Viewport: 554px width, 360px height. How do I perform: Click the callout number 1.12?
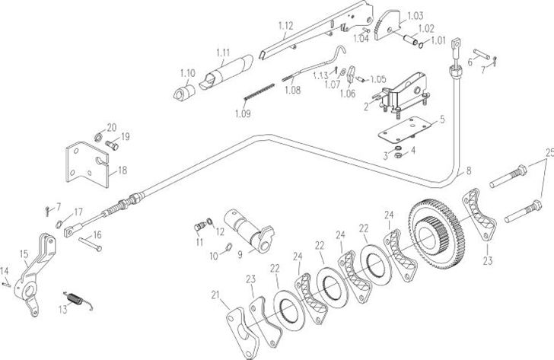pos(285,25)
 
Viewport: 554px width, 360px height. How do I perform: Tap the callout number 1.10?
pos(187,73)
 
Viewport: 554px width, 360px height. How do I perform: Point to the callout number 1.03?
pos(415,15)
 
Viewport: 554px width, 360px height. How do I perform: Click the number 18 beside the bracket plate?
pos(123,170)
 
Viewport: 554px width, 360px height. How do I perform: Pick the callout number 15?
pos(23,253)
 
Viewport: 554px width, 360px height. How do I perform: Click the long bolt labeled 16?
pos(90,244)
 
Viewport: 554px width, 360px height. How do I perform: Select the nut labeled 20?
pos(99,137)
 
